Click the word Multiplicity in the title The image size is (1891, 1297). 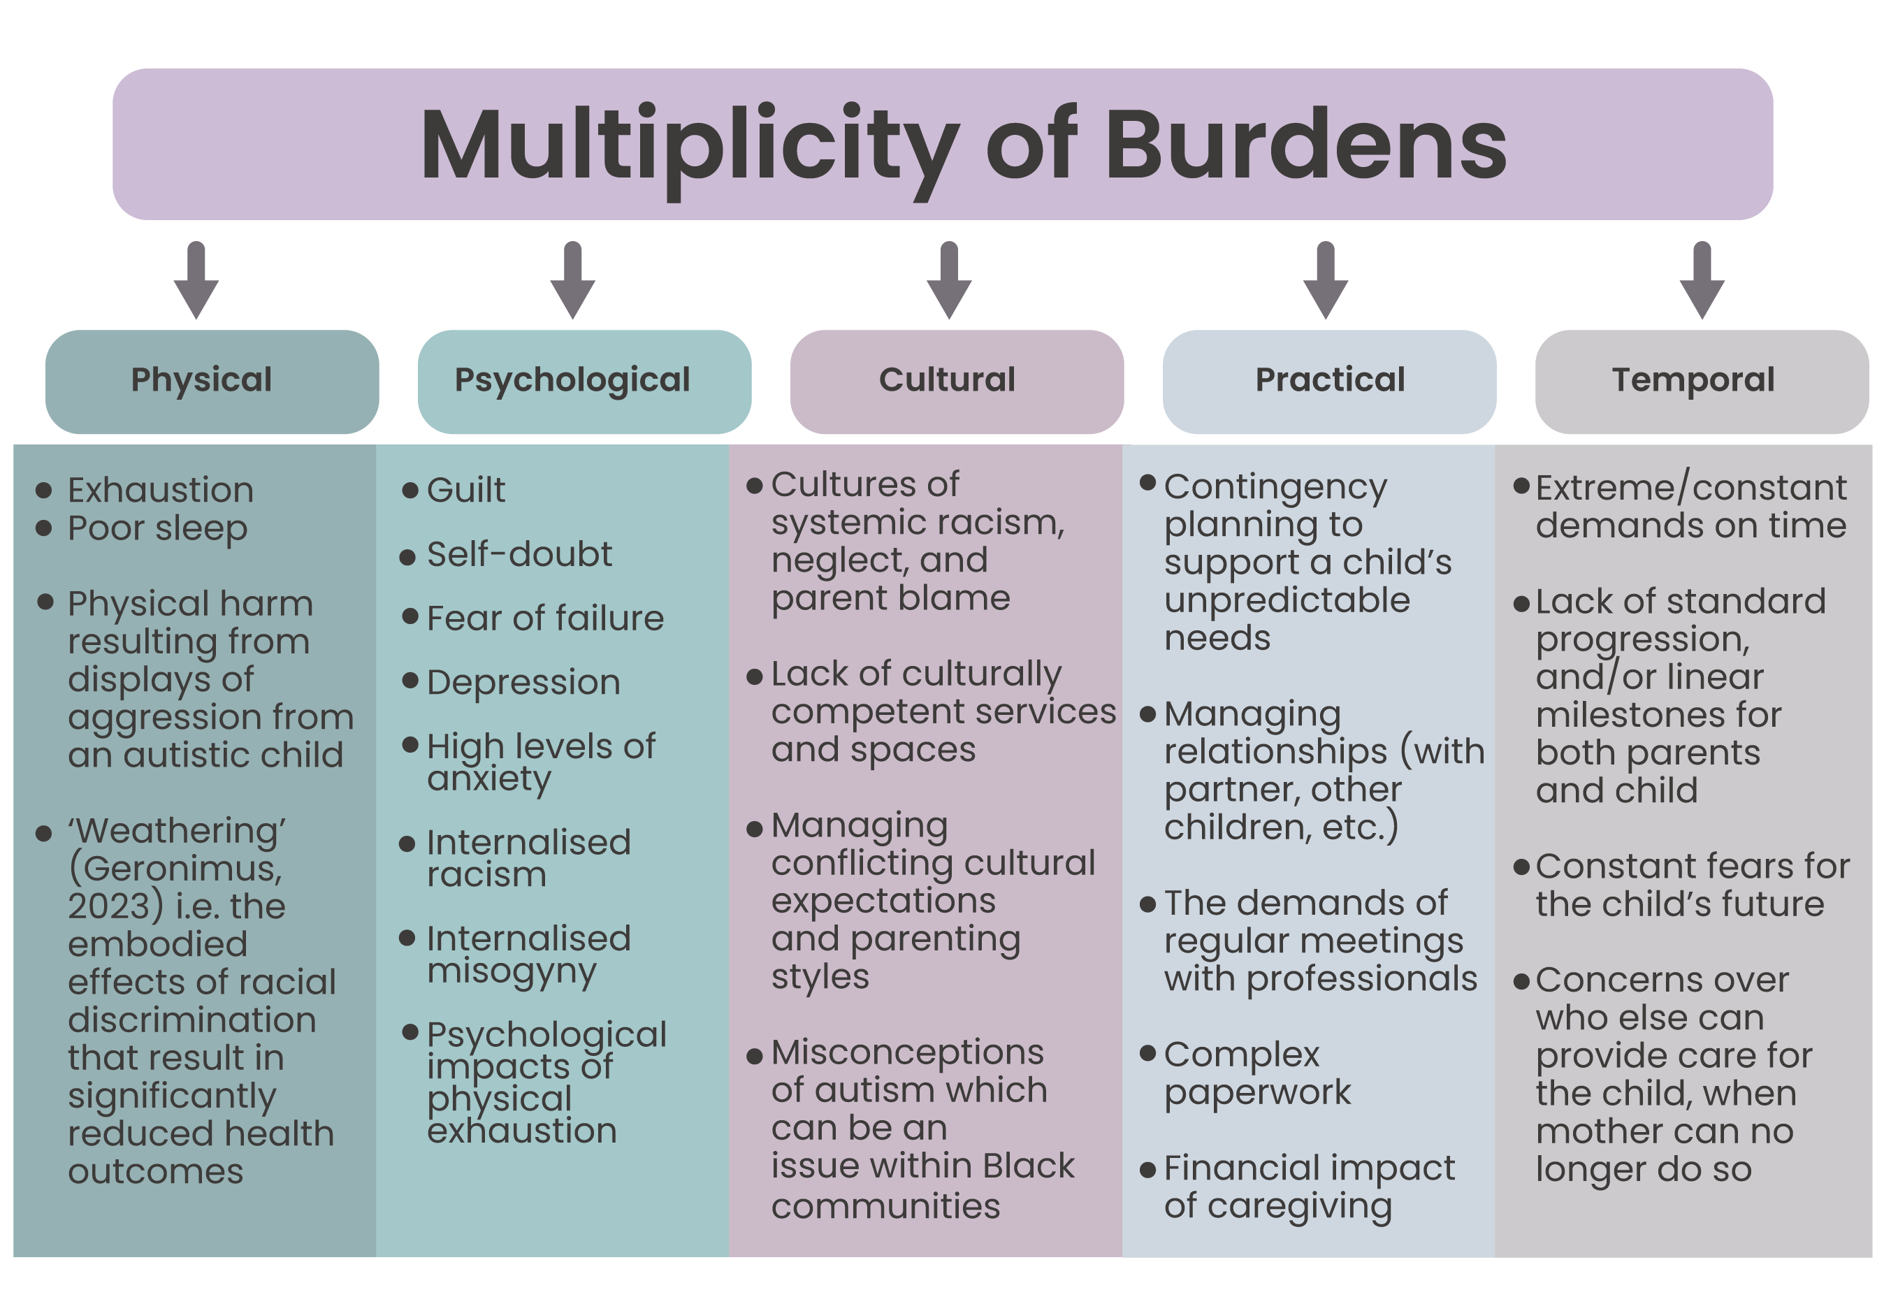[688, 147]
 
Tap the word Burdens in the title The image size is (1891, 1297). [1305, 147]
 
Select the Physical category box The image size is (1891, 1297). [212, 381]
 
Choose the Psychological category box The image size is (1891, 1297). [584, 381]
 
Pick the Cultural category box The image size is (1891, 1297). [956, 381]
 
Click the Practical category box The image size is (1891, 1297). [1328, 381]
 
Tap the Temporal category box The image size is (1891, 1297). [1701, 381]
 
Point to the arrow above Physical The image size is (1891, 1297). [196, 279]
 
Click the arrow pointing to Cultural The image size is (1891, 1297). [949, 279]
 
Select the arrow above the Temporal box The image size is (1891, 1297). [1702, 279]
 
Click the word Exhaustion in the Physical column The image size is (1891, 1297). [160, 491]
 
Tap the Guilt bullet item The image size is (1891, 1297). [465, 491]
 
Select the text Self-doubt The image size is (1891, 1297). [519, 555]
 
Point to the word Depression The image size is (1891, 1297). [523, 683]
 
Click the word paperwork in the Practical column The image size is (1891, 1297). [1257, 1093]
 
